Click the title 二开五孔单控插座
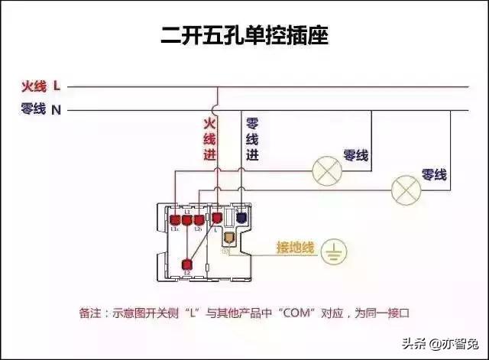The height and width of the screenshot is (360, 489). coord(244,35)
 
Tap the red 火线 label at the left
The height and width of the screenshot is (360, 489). coord(34,86)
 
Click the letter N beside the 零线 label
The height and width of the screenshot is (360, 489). coord(57,110)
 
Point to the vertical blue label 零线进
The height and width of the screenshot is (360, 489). coord(252,138)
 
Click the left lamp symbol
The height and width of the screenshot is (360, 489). coord(329,168)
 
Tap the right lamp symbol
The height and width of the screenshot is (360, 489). coord(406,188)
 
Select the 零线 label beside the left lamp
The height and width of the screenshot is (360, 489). coord(357,156)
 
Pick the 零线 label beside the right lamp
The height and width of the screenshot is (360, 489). coord(434,176)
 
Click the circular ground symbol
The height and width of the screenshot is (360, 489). coord(333,251)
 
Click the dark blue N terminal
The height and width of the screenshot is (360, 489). coord(241,218)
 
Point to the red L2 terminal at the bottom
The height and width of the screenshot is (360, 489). coord(186,264)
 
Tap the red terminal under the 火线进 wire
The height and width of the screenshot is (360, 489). coord(217,219)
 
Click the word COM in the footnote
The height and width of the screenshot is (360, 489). coord(295,313)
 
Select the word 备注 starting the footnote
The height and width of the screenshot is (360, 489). coord(90,313)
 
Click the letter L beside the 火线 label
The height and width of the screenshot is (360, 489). coord(57,86)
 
